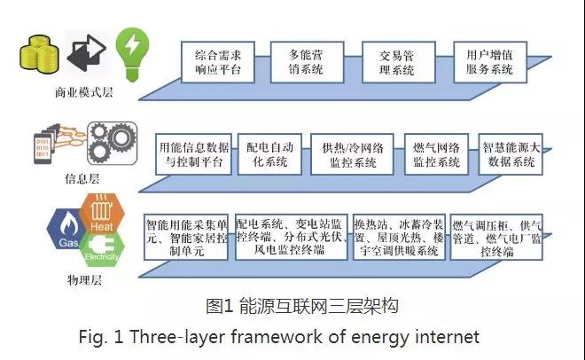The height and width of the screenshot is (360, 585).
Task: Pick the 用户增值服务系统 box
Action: [x=489, y=61]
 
